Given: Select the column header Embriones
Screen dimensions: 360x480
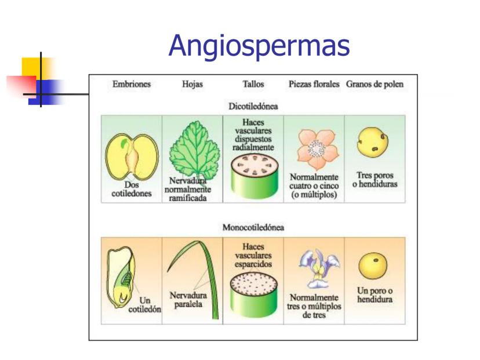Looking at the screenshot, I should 131,85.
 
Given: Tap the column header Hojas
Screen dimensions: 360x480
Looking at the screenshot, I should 192,85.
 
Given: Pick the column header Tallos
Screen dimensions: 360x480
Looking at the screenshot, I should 253,85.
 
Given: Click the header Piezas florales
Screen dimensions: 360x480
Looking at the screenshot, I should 314,85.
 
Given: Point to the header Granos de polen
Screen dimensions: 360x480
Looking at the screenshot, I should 374,85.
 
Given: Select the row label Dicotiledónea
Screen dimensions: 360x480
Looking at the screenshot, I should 253,107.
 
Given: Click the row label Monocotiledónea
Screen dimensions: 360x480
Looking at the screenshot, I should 253,227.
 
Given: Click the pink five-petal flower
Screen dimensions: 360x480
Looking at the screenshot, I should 315,148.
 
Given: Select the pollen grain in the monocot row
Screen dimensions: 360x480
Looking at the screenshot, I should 373,266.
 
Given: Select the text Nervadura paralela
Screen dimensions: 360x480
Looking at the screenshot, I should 188,300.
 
